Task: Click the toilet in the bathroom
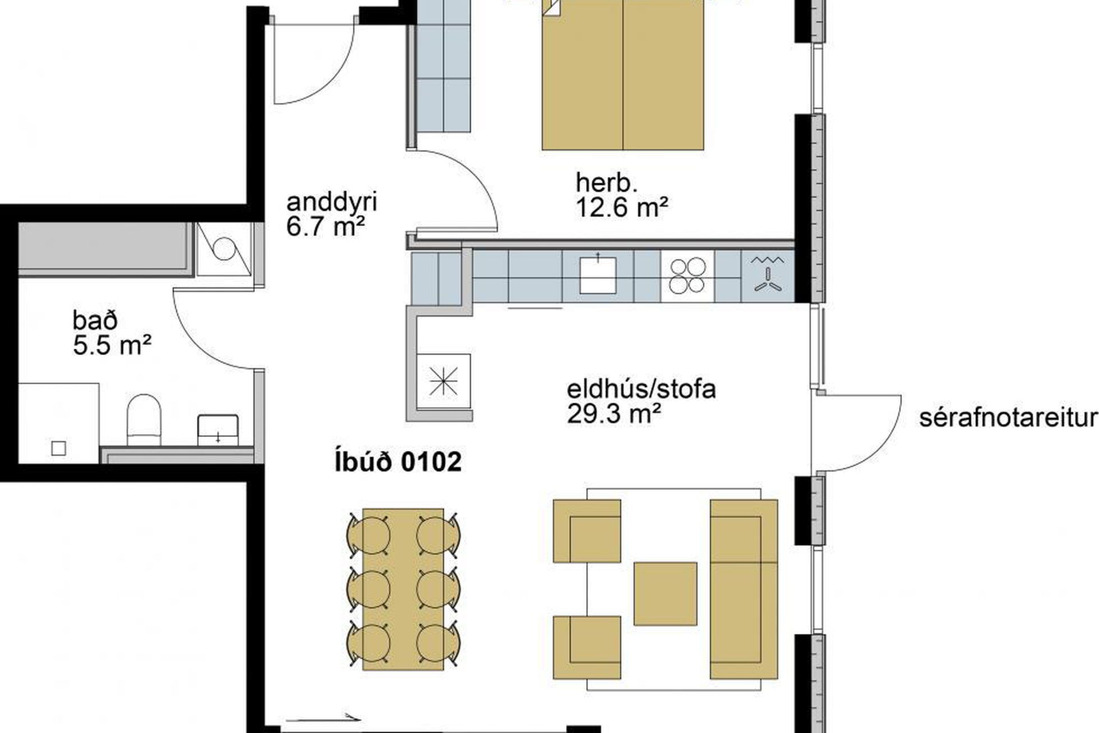[143, 420]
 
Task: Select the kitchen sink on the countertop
[598, 275]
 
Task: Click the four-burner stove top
[687, 276]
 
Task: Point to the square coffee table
[665, 593]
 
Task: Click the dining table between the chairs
[403, 590]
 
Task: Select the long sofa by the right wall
[744, 589]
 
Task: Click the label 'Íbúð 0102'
[398, 462]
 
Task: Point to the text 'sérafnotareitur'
[1008, 418]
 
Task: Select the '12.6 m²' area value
[622, 207]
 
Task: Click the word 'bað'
[95, 321]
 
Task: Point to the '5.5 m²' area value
[112, 346]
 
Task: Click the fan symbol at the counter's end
[768, 276]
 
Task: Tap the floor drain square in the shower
[58, 448]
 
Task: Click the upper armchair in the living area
[587, 531]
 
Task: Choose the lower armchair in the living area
[587, 648]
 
